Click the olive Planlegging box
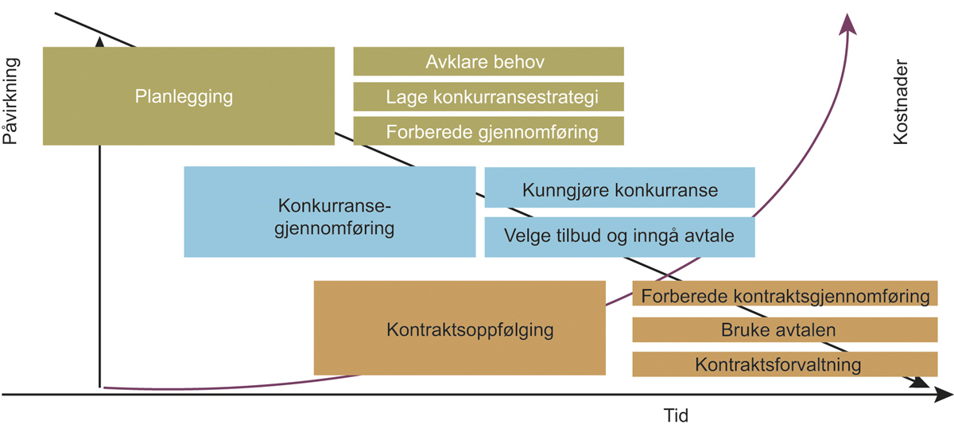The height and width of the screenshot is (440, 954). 188,96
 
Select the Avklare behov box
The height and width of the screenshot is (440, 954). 488,61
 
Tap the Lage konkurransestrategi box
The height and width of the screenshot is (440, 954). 488,96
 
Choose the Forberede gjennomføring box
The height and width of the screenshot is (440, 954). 488,131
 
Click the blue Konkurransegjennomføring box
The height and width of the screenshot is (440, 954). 329,212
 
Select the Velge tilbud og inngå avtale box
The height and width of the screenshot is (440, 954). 619,236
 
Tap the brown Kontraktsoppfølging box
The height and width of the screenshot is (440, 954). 460,327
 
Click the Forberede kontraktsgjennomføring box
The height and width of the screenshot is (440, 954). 785,295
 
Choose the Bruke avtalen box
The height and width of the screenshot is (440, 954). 785,329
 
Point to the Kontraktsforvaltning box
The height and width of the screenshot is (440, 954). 785,364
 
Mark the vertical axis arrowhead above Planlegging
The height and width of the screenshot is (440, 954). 99,40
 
